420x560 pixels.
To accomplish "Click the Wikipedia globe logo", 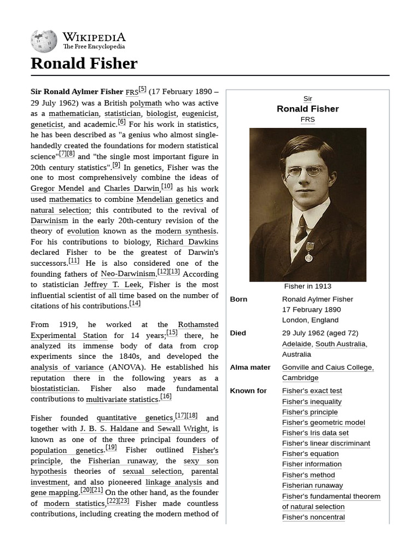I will click(44, 42).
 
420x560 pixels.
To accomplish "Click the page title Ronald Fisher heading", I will click(84, 63).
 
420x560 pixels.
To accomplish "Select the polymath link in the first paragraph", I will click(145, 103).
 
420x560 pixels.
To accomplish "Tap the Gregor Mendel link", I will click(57, 189).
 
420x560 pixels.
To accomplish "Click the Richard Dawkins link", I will click(187, 242).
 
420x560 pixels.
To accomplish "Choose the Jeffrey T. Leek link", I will click(113, 284).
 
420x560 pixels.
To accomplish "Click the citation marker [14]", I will click(135, 304).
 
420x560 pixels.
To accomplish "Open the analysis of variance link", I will click(67, 367).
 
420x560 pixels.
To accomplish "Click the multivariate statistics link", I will click(122, 400).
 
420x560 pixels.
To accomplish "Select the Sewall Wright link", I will click(183, 429).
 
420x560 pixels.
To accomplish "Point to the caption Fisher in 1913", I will click(307, 286).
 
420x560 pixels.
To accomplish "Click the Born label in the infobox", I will click(238, 299).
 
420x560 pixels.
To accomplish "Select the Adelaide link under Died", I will click(296, 344).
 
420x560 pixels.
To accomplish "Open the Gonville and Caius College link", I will click(328, 367).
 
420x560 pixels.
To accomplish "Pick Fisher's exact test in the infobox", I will click(312, 391).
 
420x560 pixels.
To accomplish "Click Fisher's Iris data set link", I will click(315, 433).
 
